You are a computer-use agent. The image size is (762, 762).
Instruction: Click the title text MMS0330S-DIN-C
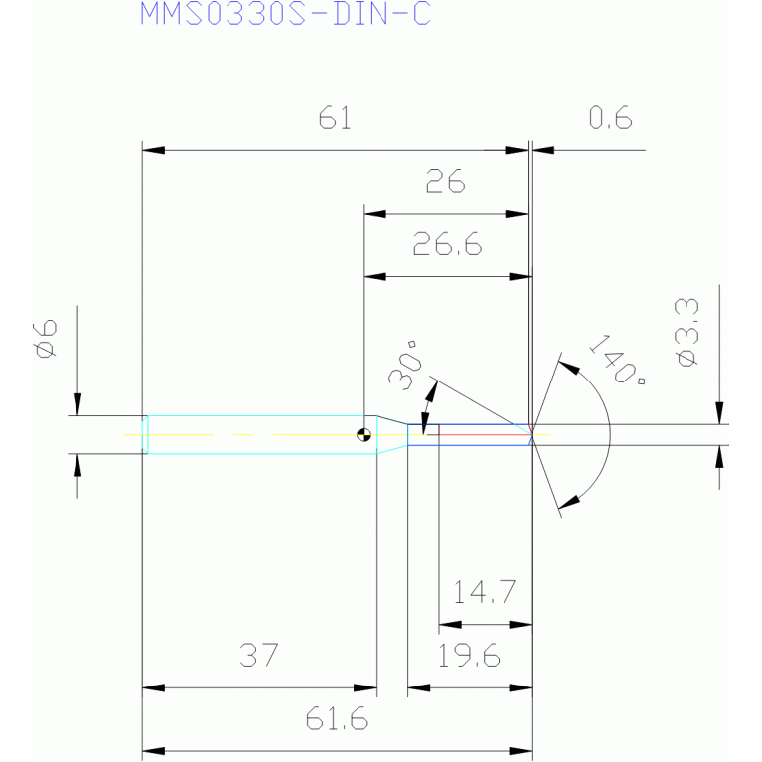(x=285, y=13)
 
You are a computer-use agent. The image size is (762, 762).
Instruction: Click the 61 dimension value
(x=335, y=118)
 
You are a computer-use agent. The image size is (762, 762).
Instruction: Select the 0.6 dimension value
(x=610, y=117)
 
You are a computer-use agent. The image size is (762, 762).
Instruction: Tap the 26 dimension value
(x=445, y=181)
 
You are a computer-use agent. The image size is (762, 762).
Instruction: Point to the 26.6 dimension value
(x=448, y=244)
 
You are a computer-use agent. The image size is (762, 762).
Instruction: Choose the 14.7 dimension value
(x=484, y=592)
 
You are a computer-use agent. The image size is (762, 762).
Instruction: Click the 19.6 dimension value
(x=469, y=655)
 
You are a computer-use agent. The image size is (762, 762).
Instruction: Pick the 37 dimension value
(x=259, y=655)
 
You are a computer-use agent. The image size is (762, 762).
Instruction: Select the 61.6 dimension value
(x=336, y=718)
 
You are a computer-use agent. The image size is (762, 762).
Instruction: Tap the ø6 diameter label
(x=46, y=339)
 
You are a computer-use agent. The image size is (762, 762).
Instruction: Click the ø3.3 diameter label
(x=687, y=333)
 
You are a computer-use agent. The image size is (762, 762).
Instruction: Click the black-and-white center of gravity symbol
(x=364, y=434)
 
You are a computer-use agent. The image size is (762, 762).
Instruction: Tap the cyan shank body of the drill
(x=261, y=435)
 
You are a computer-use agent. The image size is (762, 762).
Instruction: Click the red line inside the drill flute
(x=485, y=435)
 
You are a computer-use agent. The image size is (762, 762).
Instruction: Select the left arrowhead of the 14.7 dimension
(x=450, y=625)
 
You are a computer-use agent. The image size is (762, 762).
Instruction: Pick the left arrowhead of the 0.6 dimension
(x=542, y=150)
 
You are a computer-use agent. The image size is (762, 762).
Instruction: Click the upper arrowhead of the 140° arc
(x=569, y=367)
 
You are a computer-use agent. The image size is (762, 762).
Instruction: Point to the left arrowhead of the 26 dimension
(x=375, y=214)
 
